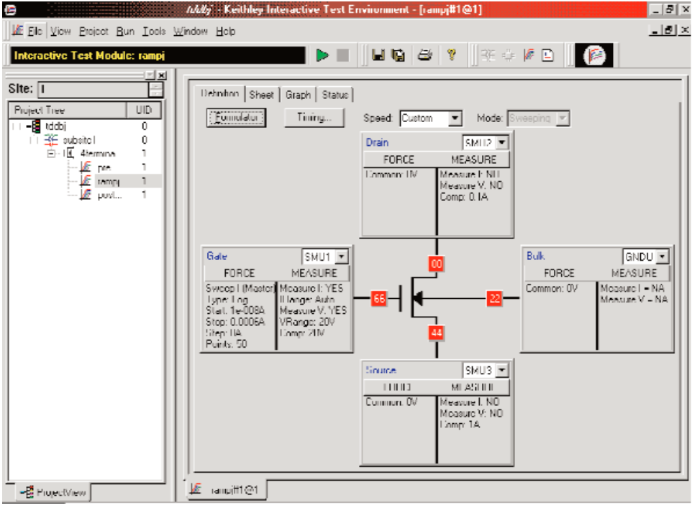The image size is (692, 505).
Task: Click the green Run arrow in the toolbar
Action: click(322, 55)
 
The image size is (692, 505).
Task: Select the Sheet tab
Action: click(262, 95)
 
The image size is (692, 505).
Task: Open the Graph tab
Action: click(298, 95)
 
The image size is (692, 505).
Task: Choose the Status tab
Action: click(334, 95)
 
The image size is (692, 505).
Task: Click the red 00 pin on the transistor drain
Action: click(436, 264)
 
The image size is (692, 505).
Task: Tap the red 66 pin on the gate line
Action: click(379, 298)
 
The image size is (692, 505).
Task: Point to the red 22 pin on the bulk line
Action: click(493, 298)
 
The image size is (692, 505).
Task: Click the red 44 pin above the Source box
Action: click(436, 332)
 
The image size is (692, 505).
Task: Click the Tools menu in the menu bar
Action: click(154, 32)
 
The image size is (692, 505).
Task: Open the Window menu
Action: click(191, 32)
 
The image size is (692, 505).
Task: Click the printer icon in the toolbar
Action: click(424, 55)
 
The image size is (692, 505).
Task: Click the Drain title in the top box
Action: click(378, 142)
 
